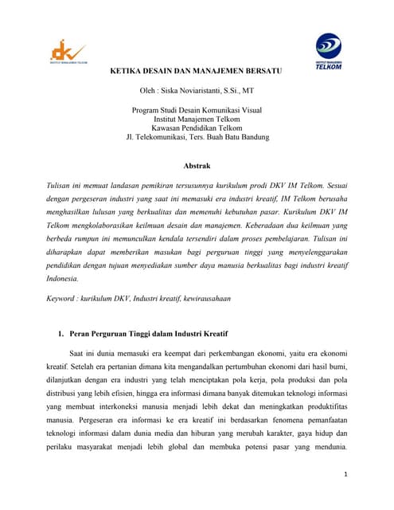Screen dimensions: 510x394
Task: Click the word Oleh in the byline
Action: pyautogui.click(x=149, y=92)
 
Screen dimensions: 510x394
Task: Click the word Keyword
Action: pyautogui.click(x=64, y=298)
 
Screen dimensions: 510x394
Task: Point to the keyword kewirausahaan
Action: pyautogui.click(x=202, y=298)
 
